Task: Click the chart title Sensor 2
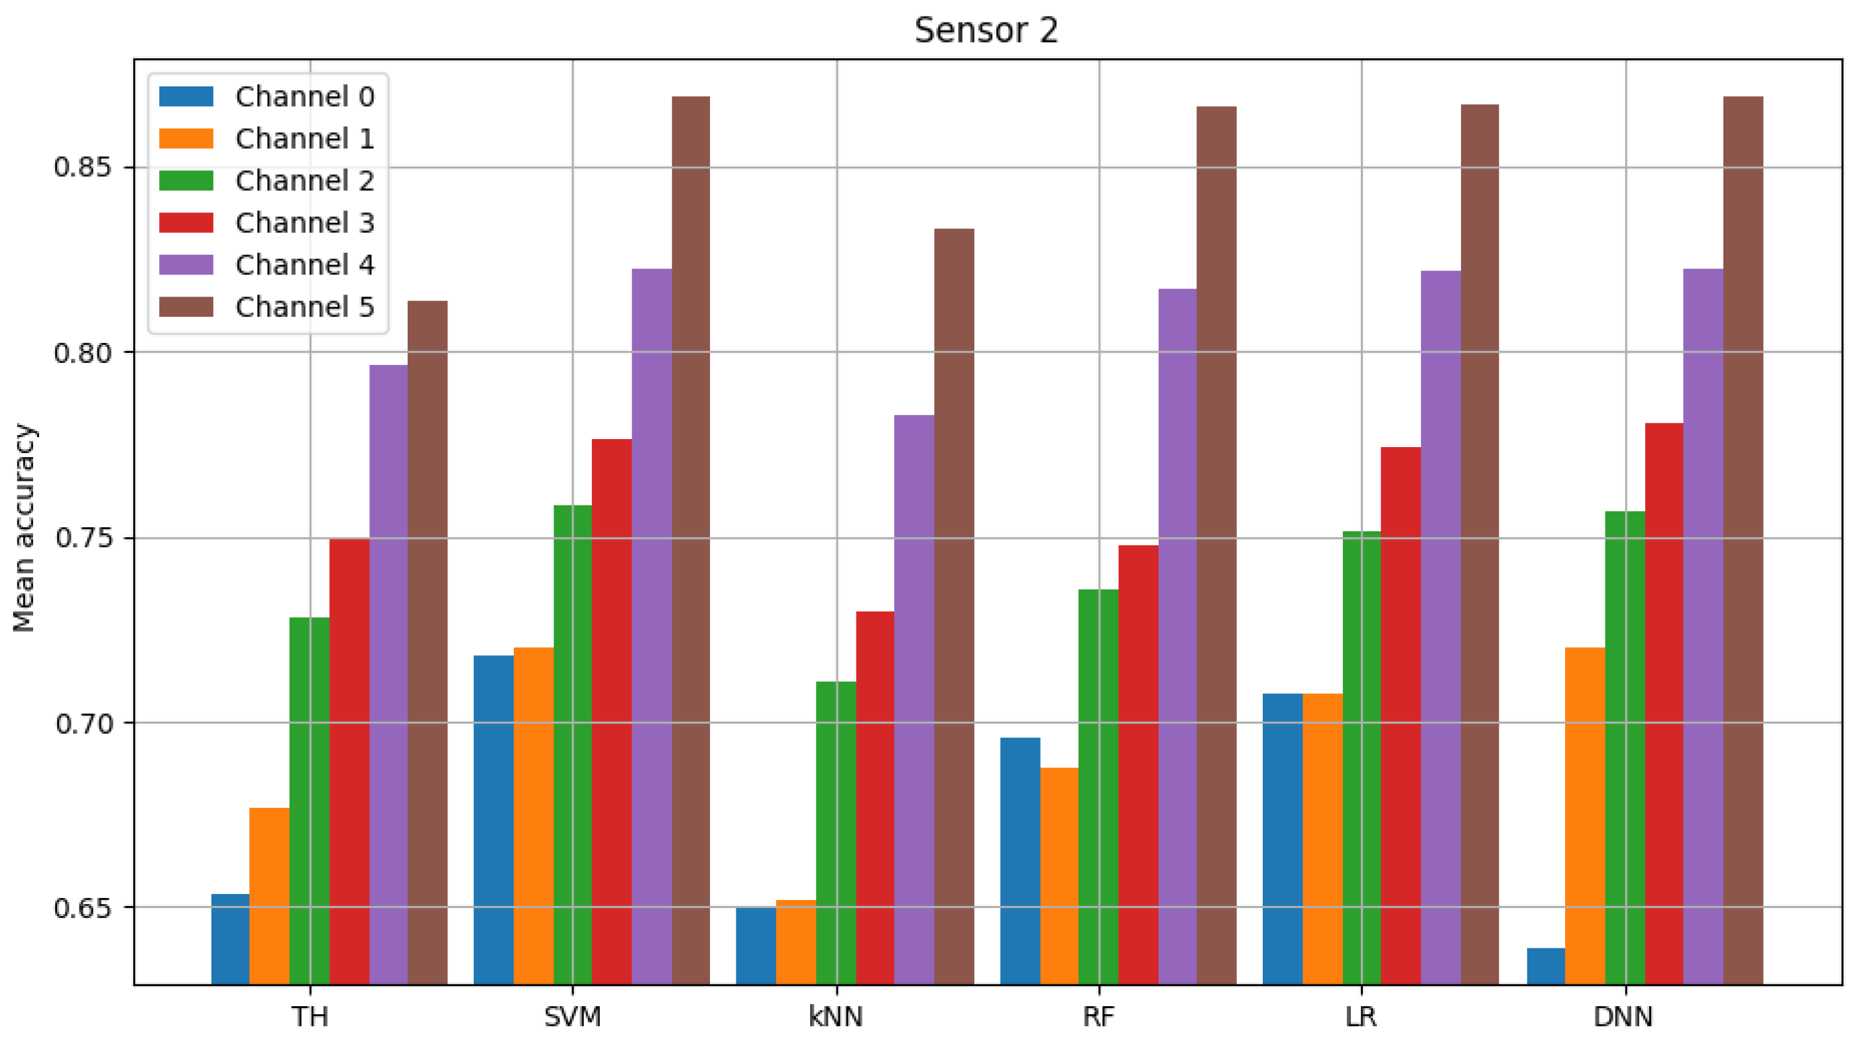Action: point(986,31)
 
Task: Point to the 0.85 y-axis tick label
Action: point(84,166)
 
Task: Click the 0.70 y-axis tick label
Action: point(84,723)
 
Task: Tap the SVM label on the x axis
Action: point(572,1017)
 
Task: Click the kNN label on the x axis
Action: point(836,1017)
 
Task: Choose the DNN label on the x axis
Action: point(1623,1017)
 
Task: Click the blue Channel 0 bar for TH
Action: point(230,939)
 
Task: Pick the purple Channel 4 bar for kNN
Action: point(914,699)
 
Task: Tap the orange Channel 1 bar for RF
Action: point(1059,876)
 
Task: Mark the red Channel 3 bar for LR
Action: point(1401,715)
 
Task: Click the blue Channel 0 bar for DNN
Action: point(1546,966)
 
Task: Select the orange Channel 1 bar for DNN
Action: point(1585,816)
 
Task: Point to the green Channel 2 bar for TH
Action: point(310,801)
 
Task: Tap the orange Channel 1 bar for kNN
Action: point(796,942)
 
